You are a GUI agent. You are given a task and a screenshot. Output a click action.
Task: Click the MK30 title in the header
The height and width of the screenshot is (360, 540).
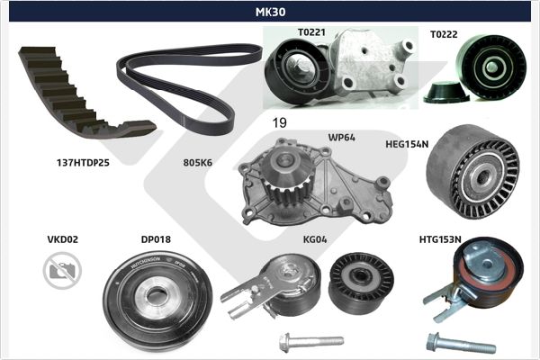click(x=270, y=12)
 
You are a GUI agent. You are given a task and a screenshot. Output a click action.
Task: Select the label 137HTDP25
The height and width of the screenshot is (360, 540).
click(x=83, y=163)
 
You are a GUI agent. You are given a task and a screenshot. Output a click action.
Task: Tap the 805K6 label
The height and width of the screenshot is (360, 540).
click(x=198, y=163)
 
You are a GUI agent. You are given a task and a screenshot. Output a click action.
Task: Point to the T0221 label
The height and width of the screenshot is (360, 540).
click(x=311, y=32)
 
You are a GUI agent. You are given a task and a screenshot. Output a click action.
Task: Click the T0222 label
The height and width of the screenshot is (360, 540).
click(x=444, y=34)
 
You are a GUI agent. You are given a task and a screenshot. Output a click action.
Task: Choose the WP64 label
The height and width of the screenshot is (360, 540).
click(x=342, y=138)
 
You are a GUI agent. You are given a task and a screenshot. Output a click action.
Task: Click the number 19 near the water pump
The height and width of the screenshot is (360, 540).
click(x=279, y=122)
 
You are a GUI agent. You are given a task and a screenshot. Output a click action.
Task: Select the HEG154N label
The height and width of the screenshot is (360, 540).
click(x=407, y=144)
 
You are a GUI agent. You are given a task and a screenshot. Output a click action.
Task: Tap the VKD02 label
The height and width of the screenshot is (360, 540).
click(x=63, y=239)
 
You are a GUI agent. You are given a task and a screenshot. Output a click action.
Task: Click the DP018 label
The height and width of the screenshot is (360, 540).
click(x=156, y=239)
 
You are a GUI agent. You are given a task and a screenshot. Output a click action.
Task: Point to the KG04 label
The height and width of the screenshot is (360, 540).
click(x=315, y=239)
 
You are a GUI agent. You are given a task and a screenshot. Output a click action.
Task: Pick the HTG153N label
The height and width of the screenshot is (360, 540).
click(x=440, y=239)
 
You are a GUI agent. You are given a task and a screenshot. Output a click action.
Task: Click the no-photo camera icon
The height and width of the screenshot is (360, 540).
click(x=62, y=270)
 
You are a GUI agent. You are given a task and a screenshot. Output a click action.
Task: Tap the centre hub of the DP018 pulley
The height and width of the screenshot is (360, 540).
click(x=156, y=297)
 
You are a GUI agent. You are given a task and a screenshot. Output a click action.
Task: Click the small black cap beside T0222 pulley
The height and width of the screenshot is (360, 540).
click(x=446, y=93)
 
